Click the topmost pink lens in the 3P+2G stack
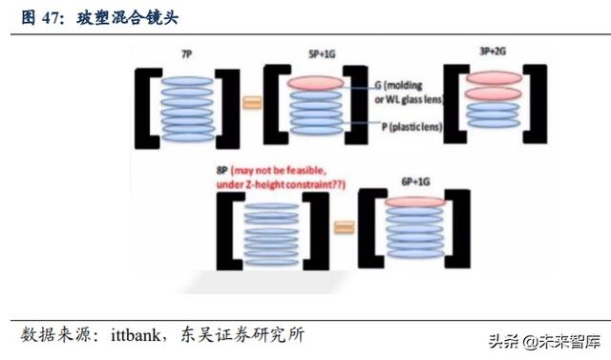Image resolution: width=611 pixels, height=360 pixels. point(493,77)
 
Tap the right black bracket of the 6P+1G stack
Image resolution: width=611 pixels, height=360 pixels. point(461,228)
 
